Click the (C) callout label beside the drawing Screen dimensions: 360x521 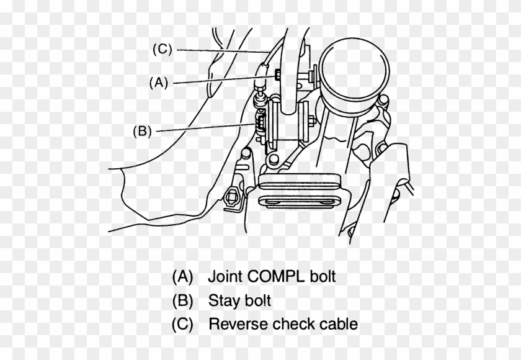[x=162, y=50]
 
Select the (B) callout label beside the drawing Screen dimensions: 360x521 [x=142, y=131]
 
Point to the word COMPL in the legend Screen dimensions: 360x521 [x=275, y=276]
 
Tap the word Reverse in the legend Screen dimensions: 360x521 [x=238, y=324]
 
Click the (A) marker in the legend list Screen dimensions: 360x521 [x=183, y=276]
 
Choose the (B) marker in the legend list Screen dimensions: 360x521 [x=183, y=301]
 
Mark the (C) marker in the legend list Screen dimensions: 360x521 [x=183, y=325]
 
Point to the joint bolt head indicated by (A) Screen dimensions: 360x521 [x=260, y=80]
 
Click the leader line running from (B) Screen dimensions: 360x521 [x=205, y=128]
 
